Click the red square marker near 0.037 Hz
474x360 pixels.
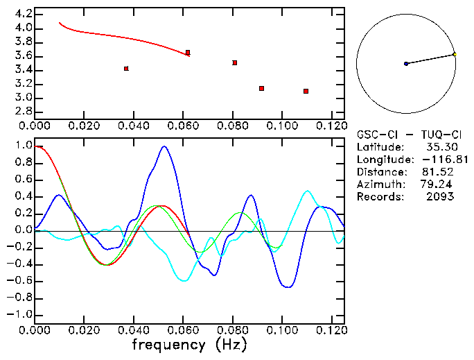[x=126, y=69]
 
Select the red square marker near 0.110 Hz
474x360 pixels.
[x=306, y=91]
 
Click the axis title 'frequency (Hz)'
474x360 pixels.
[x=189, y=345]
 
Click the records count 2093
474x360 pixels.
[x=441, y=196]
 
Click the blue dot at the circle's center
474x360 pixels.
[x=406, y=64]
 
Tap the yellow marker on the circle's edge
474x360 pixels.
[x=454, y=54]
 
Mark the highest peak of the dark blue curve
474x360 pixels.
[x=164, y=146]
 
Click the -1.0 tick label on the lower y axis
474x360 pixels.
[x=20, y=314]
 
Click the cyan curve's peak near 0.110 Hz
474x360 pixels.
[x=307, y=191]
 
